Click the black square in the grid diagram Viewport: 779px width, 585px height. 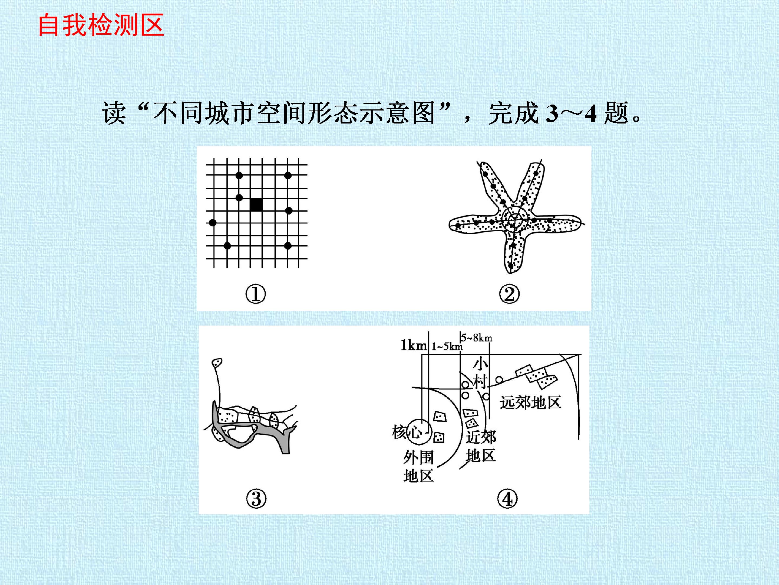(256, 204)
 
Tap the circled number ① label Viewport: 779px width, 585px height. (256, 294)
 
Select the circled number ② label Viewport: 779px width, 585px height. (509, 294)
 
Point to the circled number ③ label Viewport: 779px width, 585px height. (256, 499)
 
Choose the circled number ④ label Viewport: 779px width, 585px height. (507, 499)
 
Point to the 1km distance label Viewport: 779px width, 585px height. (414, 345)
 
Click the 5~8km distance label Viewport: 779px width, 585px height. (477, 337)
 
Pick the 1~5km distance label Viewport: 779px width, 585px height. (447, 346)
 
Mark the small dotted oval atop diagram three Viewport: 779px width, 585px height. (217, 363)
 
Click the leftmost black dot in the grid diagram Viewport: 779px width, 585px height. (212, 223)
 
